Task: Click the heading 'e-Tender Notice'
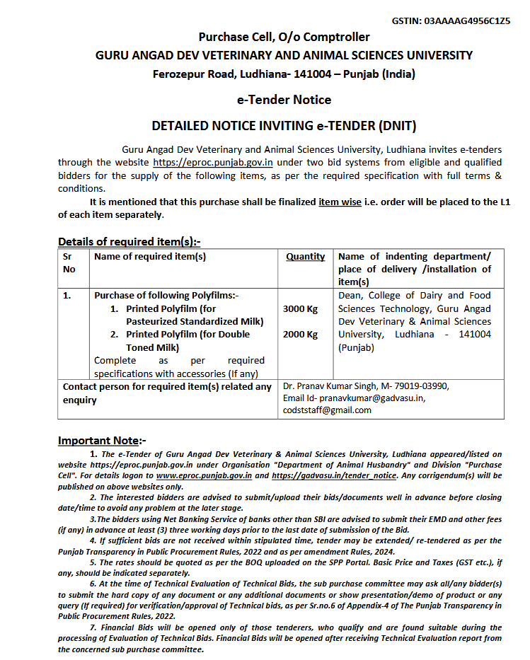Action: [x=284, y=100]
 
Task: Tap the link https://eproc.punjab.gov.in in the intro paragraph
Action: [x=213, y=162]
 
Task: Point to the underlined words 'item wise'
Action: [x=340, y=202]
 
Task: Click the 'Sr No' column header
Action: [x=69, y=262]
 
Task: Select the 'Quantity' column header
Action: [x=306, y=257]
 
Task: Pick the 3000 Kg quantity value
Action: [x=300, y=308]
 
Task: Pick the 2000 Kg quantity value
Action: [x=300, y=335]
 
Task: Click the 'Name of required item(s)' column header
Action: [x=150, y=257]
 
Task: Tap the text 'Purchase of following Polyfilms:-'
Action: [x=167, y=296]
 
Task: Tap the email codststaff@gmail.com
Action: [x=327, y=410]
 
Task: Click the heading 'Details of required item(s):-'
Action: [x=129, y=241]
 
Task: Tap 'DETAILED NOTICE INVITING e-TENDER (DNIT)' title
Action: [x=284, y=126]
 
